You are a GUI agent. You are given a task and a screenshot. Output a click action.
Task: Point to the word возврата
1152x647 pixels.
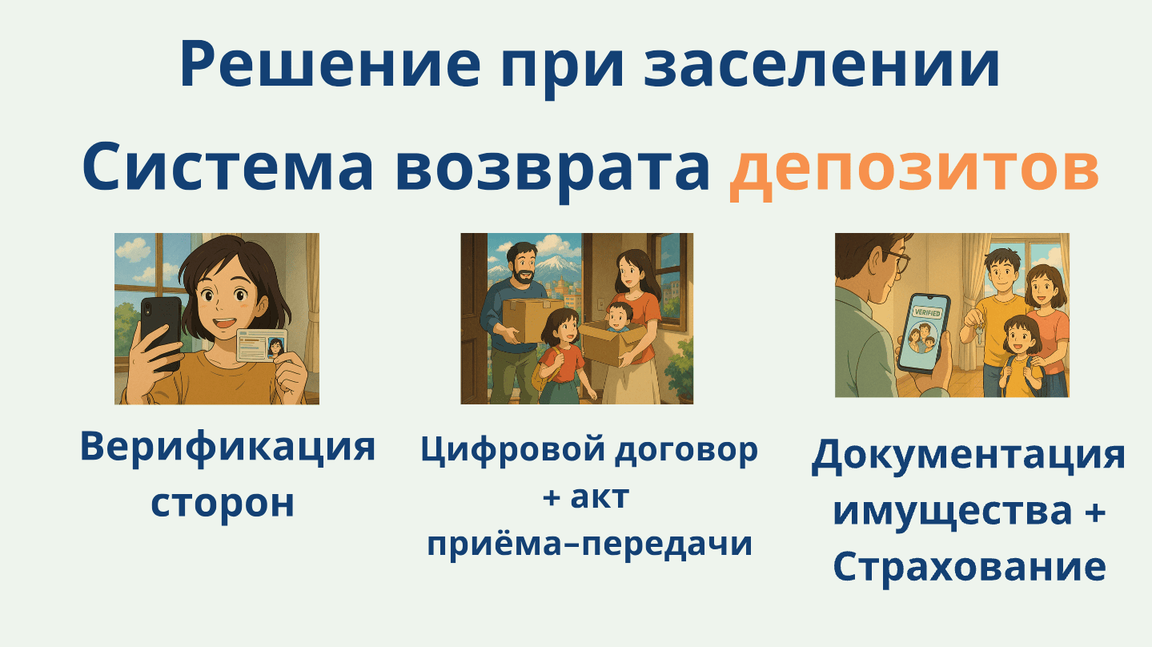pyautogui.click(x=552, y=171)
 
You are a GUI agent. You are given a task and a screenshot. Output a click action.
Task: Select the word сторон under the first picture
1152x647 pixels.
pyautogui.click(x=223, y=504)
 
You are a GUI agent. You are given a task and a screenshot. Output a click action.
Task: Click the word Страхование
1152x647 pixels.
pyautogui.click(x=969, y=567)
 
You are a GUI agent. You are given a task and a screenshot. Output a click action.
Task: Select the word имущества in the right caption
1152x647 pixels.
pyautogui.click(x=953, y=512)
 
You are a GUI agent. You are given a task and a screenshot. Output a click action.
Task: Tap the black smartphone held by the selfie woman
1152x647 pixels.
pyautogui.click(x=160, y=332)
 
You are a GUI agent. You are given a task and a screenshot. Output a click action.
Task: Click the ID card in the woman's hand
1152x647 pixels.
pyautogui.click(x=261, y=346)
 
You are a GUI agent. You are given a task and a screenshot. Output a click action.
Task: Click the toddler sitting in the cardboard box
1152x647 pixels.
pyautogui.click(x=618, y=317)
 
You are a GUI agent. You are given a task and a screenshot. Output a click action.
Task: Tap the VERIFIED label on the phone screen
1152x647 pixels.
pyautogui.click(x=927, y=313)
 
